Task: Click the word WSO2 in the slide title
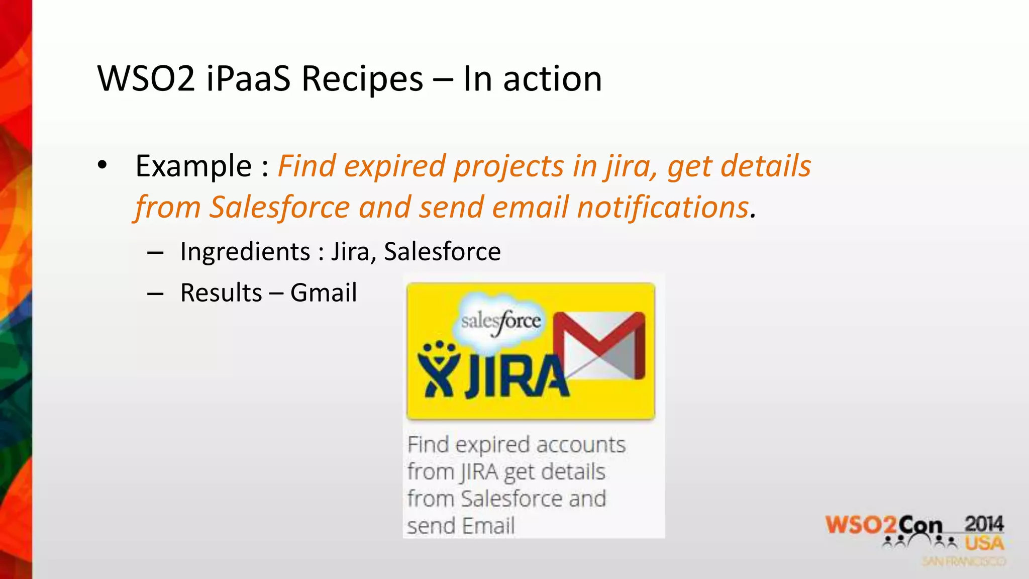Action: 146,79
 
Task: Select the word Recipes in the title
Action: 362,79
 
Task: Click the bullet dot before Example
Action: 102,165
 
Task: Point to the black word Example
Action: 193,166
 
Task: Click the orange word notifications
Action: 663,207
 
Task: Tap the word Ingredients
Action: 245,251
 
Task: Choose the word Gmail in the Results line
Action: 324,293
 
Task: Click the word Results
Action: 221,293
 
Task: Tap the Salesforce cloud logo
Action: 501,321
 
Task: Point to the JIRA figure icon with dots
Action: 438,369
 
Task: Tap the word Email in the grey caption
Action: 488,526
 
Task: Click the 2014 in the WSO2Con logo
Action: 984,524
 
